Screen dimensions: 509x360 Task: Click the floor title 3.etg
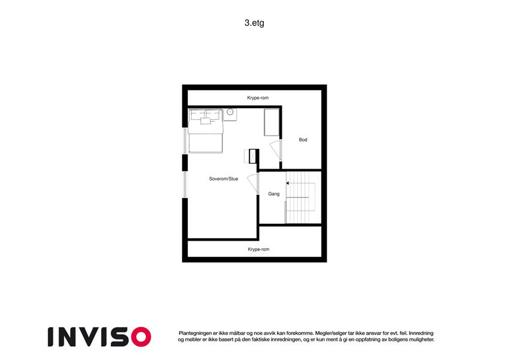point(254,23)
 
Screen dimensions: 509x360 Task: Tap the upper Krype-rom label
point(258,98)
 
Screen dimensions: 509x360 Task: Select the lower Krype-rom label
point(258,249)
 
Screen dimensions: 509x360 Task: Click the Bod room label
point(303,140)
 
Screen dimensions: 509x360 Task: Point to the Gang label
point(273,194)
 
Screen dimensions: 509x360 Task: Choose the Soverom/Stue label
point(224,179)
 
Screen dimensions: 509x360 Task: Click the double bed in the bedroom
point(206,131)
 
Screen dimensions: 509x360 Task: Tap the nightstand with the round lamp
point(230,115)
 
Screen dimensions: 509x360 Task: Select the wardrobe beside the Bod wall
point(272,122)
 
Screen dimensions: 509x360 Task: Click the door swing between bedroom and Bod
point(275,150)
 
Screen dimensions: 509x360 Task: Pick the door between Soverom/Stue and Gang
point(253,184)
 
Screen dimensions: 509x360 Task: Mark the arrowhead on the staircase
point(287,183)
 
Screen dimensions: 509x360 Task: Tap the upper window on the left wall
point(185,141)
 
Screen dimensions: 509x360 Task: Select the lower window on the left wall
point(185,185)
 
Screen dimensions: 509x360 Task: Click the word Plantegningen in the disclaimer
point(194,334)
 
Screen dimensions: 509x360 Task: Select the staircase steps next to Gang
point(300,197)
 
